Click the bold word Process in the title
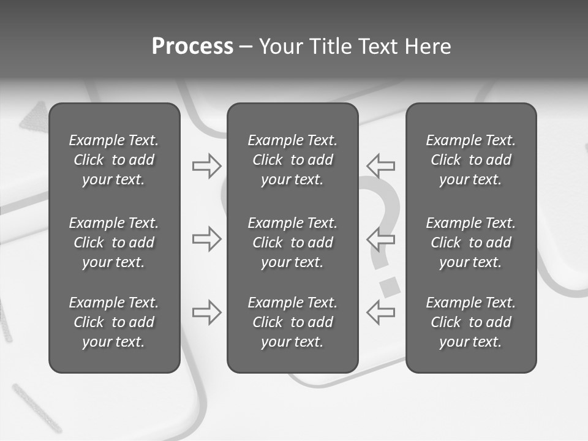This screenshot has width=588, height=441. click(192, 47)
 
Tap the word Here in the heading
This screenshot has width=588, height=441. click(427, 47)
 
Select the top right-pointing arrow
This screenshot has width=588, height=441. click(206, 166)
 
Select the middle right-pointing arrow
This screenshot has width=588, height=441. click(206, 239)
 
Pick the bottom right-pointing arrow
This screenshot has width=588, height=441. click(206, 312)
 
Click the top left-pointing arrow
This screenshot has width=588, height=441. click(381, 166)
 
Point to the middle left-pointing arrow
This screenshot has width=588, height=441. click(381, 239)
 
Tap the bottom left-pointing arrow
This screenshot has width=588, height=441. click(381, 312)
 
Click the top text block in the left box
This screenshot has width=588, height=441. click(114, 160)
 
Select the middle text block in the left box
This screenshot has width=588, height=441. click(114, 243)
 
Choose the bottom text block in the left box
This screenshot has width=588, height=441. click(114, 322)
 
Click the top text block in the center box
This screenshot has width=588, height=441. click(292, 160)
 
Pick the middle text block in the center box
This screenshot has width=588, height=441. click(292, 243)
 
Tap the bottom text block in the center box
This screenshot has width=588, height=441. click(292, 322)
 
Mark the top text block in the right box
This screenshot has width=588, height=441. click(470, 160)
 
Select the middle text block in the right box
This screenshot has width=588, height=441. click(470, 243)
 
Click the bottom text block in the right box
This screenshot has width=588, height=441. click(470, 322)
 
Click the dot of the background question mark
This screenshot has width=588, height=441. click(389, 286)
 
